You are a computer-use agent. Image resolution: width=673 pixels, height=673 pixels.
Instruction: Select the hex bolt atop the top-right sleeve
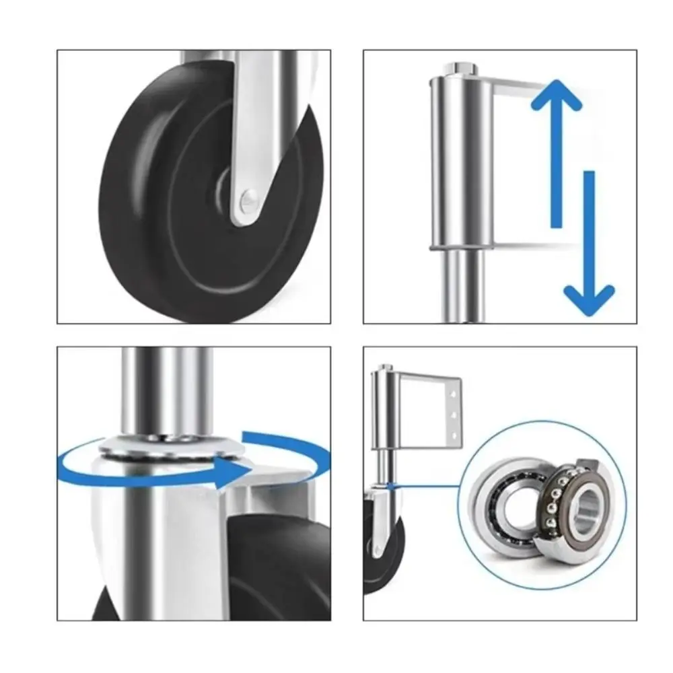tap(461, 68)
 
